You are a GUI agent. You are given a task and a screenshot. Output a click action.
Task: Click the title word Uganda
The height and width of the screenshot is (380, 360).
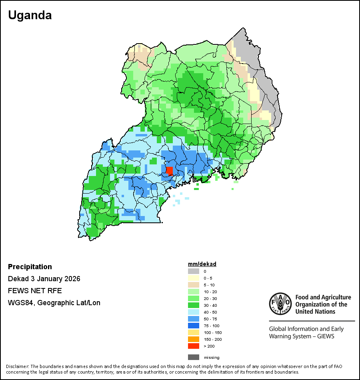[x=30, y=15]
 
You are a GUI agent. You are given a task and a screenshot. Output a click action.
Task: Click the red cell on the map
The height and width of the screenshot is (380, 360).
[x=170, y=171]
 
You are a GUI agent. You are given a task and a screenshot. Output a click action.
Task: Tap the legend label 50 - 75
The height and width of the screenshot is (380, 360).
[x=210, y=319]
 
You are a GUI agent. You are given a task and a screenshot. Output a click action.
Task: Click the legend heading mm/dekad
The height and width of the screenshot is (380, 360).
[x=202, y=264]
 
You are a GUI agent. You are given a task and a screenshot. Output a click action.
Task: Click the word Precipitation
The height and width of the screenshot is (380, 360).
[x=30, y=267]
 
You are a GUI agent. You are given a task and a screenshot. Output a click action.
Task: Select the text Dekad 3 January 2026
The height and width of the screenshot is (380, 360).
[x=44, y=279]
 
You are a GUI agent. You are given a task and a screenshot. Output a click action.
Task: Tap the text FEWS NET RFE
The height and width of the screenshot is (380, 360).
[x=35, y=291]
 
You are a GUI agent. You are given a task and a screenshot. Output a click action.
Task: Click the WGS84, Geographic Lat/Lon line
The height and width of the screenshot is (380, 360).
[x=54, y=303]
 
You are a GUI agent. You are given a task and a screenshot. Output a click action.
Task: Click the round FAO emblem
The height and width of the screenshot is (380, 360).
[x=280, y=304]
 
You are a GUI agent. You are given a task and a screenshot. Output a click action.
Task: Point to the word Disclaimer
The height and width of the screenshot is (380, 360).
[x=17, y=366]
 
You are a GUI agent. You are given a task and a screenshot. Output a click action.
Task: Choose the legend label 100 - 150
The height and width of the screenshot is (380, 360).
[x=212, y=333]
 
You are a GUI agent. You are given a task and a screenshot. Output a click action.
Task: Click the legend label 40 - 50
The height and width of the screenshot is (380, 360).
[x=210, y=312]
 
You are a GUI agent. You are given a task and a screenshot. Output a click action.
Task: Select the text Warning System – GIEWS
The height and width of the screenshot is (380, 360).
[x=302, y=336]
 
